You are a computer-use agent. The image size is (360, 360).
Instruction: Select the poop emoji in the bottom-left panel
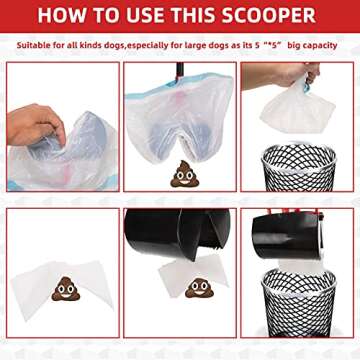click(x=65, y=290)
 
